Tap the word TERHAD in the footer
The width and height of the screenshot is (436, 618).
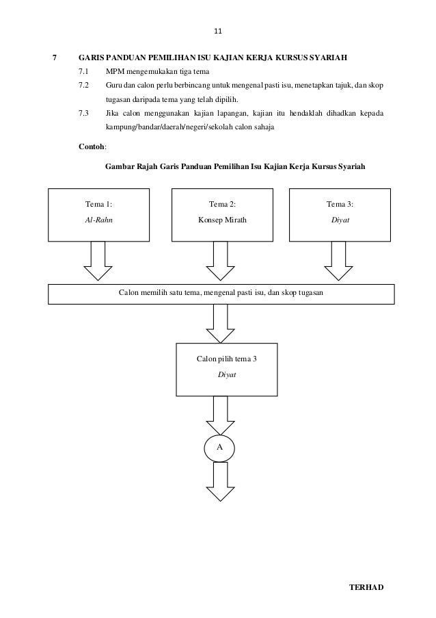tap(368, 588)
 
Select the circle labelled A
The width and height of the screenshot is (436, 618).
tap(220, 447)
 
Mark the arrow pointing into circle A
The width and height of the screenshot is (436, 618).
tap(220, 413)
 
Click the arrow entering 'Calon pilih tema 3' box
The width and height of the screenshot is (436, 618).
tap(220, 323)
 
